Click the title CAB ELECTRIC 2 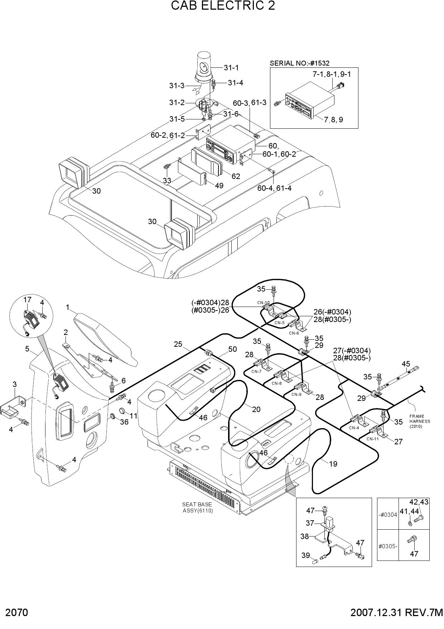pyautogui.click(x=223, y=6)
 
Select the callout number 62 pyautogui.click(x=236, y=176)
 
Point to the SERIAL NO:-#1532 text pyautogui.click(x=300, y=63)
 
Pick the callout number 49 pyautogui.click(x=219, y=186)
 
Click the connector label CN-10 pyautogui.click(x=263, y=303)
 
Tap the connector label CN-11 pyautogui.click(x=372, y=439)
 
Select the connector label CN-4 pyautogui.click(x=354, y=427)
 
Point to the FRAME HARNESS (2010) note pyautogui.click(x=420, y=421)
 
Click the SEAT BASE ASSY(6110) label pyautogui.click(x=198, y=507)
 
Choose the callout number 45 pyautogui.click(x=406, y=364)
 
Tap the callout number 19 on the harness pyautogui.click(x=333, y=464)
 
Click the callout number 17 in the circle pyautogui.click(x=28, y=299)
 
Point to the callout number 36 pyautogui.click(x=124, y=422)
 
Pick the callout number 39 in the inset pyautogui.click(x=305, y=555)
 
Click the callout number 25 pyautogui.click(x=178, y=344)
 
